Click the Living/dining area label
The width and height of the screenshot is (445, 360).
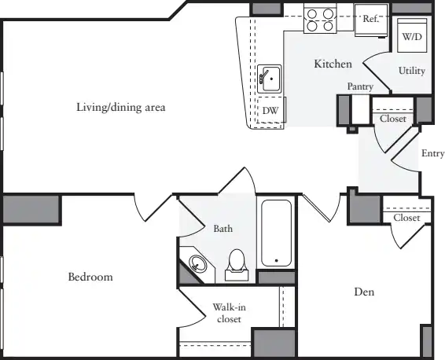[121, 107]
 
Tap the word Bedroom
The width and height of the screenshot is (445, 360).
[90, 277]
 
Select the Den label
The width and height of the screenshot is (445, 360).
[364, 292]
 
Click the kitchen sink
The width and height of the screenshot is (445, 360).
[270, 79]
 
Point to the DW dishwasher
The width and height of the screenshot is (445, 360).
[270, 110]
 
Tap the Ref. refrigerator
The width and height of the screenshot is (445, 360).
[371, 20]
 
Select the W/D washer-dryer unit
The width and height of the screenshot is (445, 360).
[412, 35]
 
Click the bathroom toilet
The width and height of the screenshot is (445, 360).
[237, 265]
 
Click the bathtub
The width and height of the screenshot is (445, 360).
[276, 233]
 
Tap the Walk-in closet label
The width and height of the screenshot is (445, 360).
[229, 313]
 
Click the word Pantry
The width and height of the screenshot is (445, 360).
[360, 86]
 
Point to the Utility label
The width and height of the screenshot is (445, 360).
[412, 71]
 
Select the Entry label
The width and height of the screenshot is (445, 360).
[432, 153]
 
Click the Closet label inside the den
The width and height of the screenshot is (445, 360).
[406, 218]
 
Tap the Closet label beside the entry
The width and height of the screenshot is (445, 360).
[393, 119]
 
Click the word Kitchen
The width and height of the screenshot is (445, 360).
[333, 64]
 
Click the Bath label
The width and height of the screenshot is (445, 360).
[223, 229]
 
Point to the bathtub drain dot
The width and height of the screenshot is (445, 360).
[277, 260]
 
